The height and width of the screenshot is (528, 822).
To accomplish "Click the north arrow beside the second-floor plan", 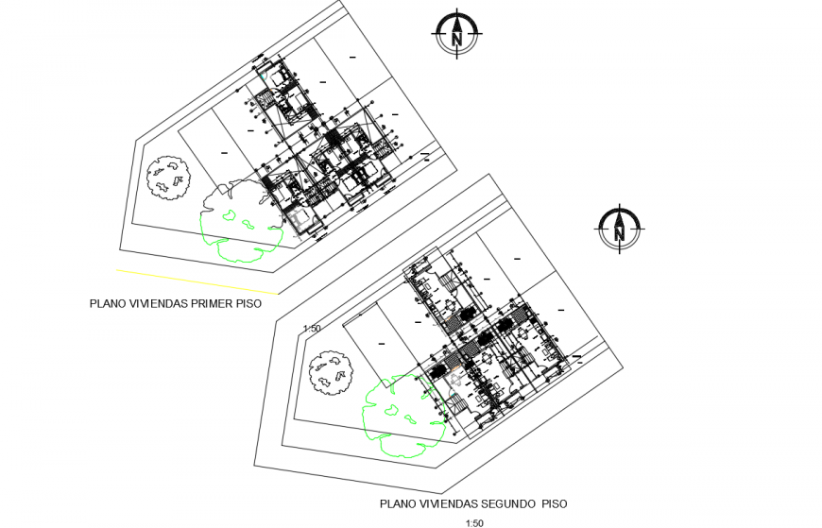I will click(x=619, y=229).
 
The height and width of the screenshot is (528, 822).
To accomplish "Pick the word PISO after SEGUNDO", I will click(x=553, y=504).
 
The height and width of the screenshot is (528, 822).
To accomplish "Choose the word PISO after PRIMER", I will click(x=250, y=304).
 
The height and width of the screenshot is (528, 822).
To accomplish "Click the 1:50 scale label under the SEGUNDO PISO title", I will click(x=474, y=523).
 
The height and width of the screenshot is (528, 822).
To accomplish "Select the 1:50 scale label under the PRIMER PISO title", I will click(x=312, y=329).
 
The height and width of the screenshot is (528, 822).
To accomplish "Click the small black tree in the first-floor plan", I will click(x=169, y=177).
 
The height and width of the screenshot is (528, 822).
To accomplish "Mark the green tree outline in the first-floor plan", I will click(x=240, y=221).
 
